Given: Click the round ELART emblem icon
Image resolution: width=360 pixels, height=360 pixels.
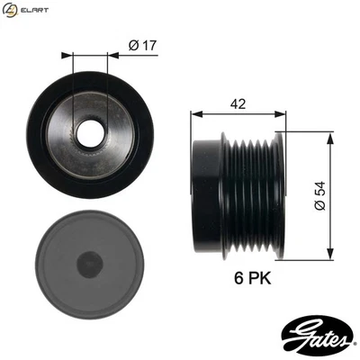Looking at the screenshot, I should (10, 10).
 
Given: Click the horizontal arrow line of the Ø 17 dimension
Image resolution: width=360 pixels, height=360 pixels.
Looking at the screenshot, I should (90, 54).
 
